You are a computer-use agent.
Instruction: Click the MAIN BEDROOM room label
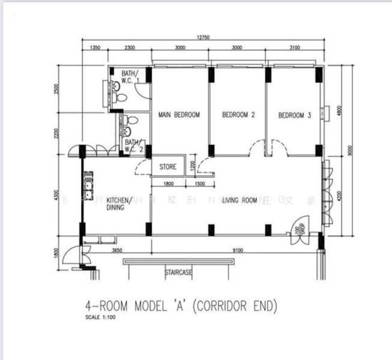point(179,115)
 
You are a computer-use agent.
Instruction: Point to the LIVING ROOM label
point(240,200)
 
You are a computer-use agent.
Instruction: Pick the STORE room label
point(167,167)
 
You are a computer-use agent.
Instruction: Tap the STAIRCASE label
point(178,272)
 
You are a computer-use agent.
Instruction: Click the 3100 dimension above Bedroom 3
point(294,47)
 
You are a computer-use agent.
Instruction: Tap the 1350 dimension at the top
point(95,47)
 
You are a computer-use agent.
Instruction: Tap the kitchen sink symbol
point(89,181)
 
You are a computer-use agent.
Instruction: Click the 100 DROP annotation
point(298,230)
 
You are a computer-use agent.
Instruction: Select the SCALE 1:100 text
point(100,317)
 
